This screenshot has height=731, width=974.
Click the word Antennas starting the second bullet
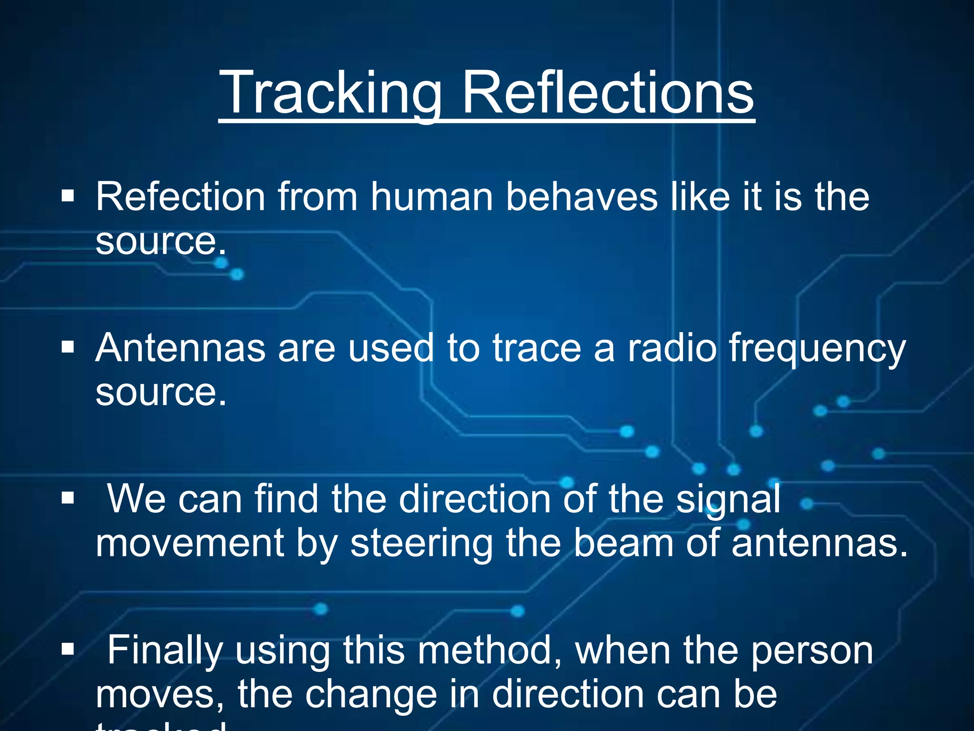coord(180,348)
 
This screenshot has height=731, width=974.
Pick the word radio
coord(672,348)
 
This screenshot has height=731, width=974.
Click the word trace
coord(537,348)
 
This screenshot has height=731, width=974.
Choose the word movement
coord(189,543)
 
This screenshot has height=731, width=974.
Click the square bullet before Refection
coord(68,196)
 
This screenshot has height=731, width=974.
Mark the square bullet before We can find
coord(68,498)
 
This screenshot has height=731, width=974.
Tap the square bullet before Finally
coord(68,649)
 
